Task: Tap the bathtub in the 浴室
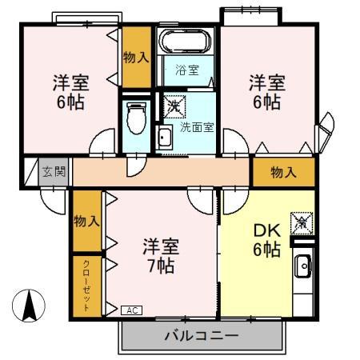point(184,42)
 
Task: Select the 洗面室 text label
point(196,126)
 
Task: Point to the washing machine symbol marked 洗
point(174,105)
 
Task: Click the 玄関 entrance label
point(54,171)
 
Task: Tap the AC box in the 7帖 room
point(132,310)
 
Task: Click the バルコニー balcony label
point(201,335)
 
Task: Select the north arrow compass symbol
point(28,305)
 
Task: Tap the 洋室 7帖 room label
point(161,255)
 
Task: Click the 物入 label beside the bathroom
point(135,57)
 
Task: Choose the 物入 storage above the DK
point(283,171)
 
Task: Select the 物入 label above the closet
point(86,221)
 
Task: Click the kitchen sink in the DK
point(302,266)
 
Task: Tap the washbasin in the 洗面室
point(165,136)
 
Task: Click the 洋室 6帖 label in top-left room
point(70,91)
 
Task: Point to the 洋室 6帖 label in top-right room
point(265,91)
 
